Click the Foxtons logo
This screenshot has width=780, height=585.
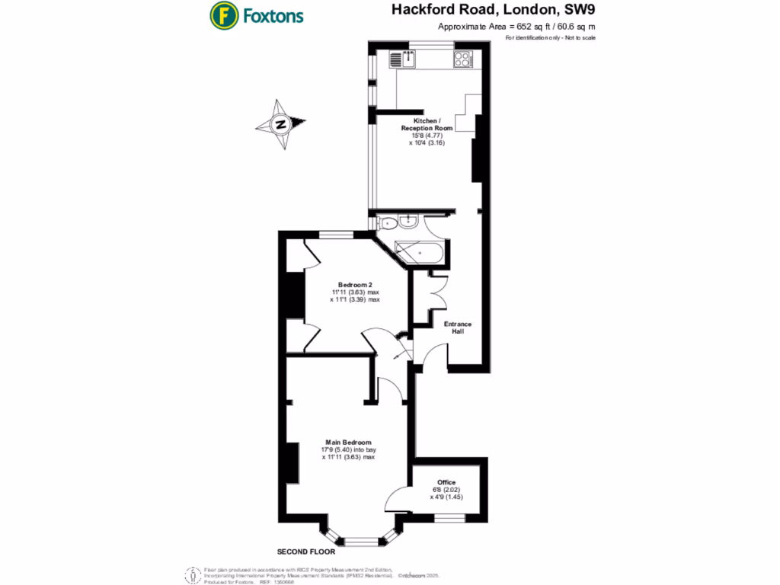pyautogui.click(x=257, y=14)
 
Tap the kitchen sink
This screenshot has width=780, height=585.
pyautogui.click(x=401, y=59)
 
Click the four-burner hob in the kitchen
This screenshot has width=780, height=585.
pyautogui.click(x=462, y=59)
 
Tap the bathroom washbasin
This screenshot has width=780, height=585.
pyautogui.click(x=408, y=222)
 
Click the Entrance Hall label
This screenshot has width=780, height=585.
pyautogui.click(x=459, y=328)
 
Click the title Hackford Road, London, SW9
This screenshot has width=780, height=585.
pyautogui.click(x=494, y=11)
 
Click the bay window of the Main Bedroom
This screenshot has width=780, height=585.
pyautogui.click(x=361, y=539)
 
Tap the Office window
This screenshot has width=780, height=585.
pyautogui.click(x=446, y=519)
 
